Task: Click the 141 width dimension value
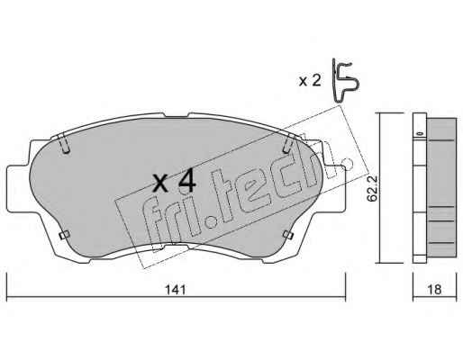point(176,290)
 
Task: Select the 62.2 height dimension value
point(373,189)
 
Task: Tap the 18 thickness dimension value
point(434,290)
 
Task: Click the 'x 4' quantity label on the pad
point(174,183)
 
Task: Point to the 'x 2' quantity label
point(310,81)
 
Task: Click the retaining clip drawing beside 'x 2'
point(344,80)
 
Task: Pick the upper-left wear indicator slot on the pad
point(64,144)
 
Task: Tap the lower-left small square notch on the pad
point(65,236)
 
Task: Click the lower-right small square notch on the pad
point(288,236)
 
